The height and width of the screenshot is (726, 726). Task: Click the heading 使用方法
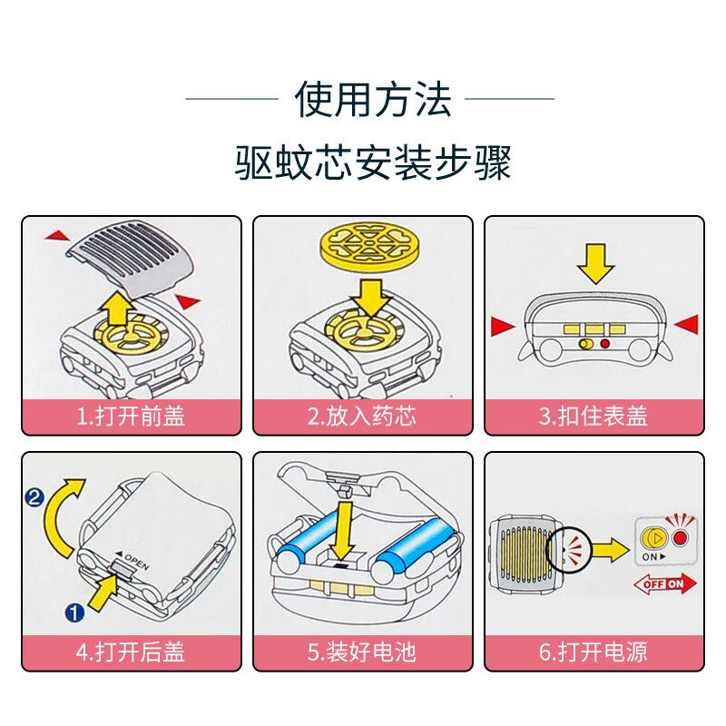(373, 98)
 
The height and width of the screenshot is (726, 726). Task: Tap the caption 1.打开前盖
(131, 417)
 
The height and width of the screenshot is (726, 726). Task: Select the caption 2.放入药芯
(362, 417)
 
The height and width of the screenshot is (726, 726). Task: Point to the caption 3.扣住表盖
(594, 417)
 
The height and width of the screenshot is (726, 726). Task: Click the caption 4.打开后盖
(131, 651)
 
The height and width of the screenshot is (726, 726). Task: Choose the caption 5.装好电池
(362, 651)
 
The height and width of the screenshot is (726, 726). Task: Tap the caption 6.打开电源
(594, 651)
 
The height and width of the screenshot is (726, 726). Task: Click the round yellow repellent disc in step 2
(368, 246)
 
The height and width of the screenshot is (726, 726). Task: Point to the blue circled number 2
(36, 496)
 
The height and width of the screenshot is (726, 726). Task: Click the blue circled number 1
(74, 613)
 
